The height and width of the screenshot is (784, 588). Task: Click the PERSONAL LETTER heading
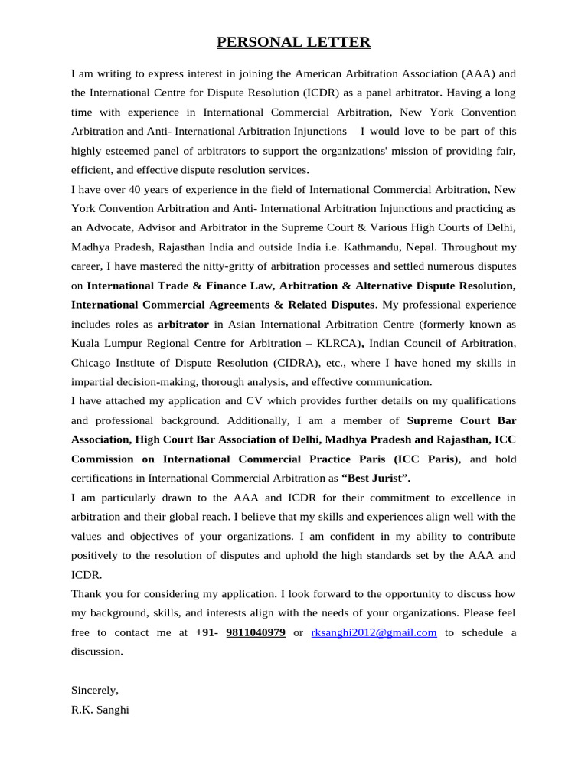click(294, 43)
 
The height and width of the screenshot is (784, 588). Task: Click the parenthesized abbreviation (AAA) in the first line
click(479, 74)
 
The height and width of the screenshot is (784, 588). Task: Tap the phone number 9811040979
click(256, 632)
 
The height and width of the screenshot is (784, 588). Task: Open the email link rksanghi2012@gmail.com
click(374, 632)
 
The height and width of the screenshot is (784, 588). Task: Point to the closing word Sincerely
click(95, 690)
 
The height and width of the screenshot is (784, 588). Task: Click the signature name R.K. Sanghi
click(100, 710)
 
